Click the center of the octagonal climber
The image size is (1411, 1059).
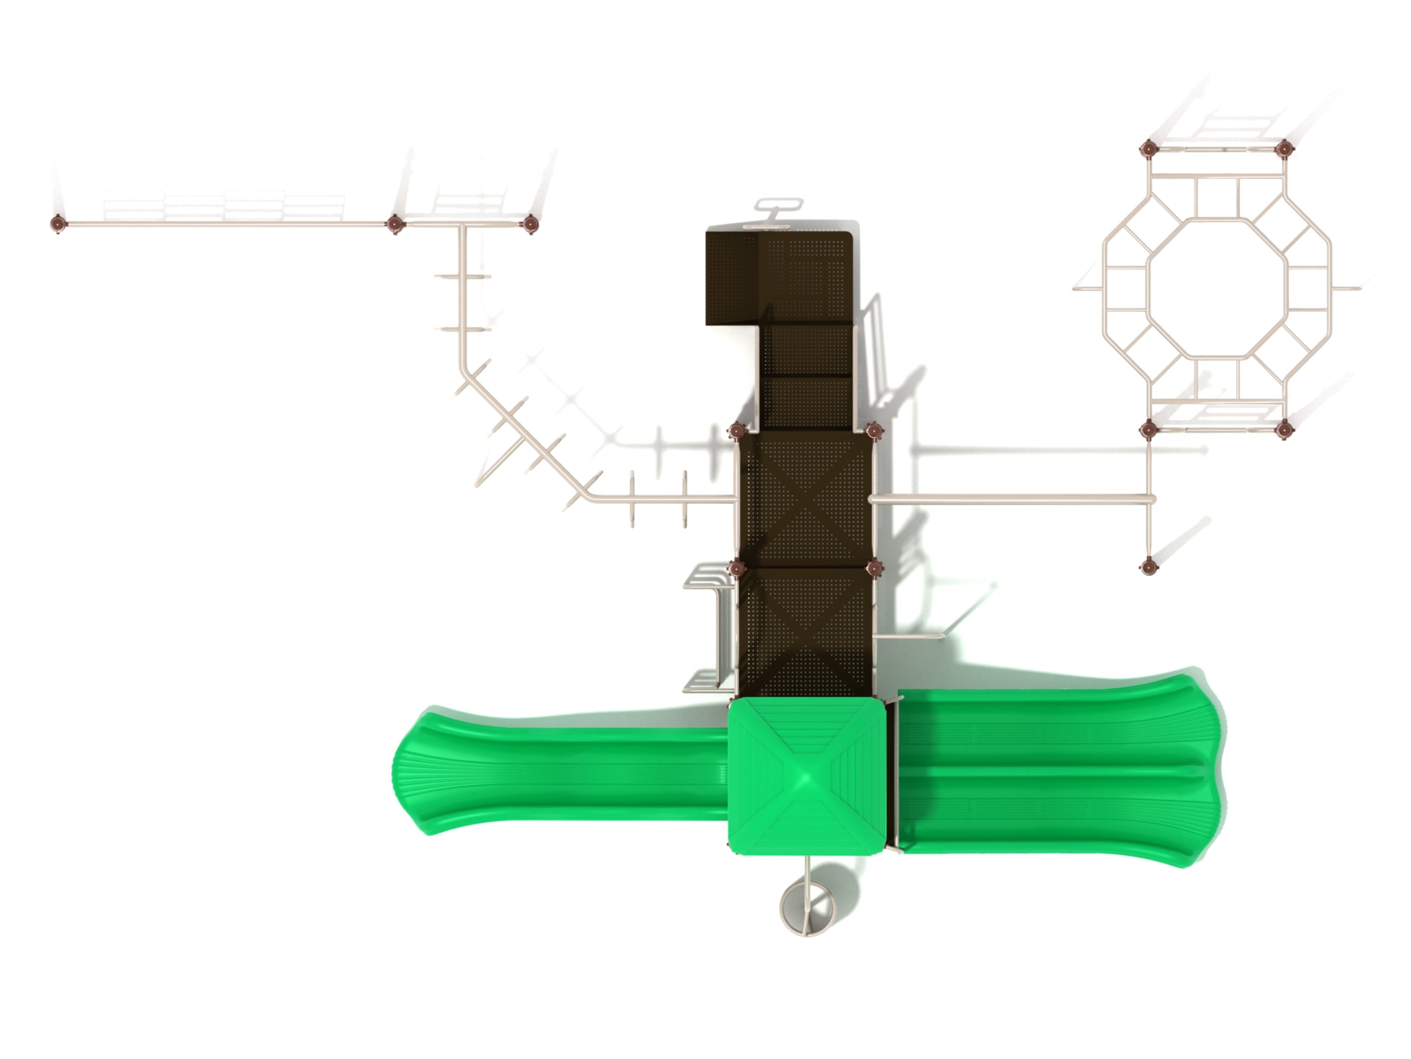coord(1216,288)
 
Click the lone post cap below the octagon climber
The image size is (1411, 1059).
coord(1148,566)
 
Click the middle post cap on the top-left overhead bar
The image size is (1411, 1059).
coord(395,224)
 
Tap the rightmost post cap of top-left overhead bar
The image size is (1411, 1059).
coord(530,224)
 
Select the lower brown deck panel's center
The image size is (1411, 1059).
coord(805,629)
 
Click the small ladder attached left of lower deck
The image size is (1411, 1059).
coord(708,629)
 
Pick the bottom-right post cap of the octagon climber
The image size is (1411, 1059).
coord(1284,430)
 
